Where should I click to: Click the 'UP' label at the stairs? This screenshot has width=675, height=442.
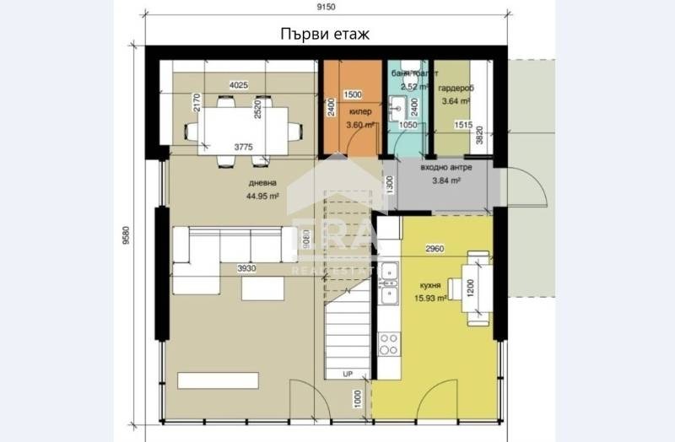(347, 372)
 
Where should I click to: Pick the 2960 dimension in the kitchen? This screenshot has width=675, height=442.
(435, 248)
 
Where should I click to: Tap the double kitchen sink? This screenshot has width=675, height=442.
(388, 283)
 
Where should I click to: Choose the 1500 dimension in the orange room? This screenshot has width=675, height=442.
(353, 94)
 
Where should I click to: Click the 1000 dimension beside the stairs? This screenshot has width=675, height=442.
(358, 399)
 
